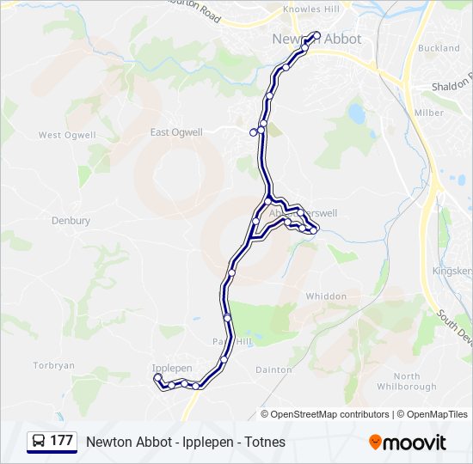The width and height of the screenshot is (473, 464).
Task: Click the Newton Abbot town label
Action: pos(316,39)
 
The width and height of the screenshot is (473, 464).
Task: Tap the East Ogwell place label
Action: pos(176,132)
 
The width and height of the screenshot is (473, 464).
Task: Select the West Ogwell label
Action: pos(62,136)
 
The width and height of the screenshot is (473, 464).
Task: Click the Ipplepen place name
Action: pos(172,368)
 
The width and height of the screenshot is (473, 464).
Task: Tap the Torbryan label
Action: pos(53,366)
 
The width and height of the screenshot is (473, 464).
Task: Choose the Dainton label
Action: pos(273,369)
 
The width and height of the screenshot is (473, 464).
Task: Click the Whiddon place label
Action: pos(326,296)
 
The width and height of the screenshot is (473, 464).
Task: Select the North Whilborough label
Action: pos(406,382)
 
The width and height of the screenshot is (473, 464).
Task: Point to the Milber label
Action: pos(429,113)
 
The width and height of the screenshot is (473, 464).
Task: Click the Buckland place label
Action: pos(439,49)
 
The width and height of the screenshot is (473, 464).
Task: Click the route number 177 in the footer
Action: pos(61,441)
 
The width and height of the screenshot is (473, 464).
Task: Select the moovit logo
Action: pos(408,442)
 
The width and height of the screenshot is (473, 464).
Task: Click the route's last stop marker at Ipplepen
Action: pos(157,377)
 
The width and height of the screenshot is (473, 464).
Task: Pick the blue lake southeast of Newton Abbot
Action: pos(356,113)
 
